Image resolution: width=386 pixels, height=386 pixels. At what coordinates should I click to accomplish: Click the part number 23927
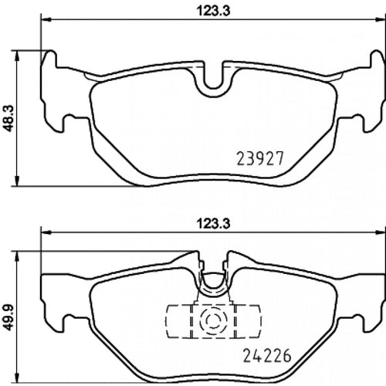(x=260, y=158)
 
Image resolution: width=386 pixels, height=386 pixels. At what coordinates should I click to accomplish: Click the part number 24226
(x=267, y=355)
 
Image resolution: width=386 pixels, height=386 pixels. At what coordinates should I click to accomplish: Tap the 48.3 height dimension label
(x=9, y=118)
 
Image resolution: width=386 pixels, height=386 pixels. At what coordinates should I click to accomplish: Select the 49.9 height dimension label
(x=9, y=317)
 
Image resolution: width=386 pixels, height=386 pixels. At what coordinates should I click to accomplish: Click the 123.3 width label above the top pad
(x=213, y=12)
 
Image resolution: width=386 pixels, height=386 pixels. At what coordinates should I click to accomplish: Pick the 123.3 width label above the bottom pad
(x=213, y=224)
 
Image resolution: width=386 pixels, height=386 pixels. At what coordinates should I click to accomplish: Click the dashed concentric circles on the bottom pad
(x=213, y=320)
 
